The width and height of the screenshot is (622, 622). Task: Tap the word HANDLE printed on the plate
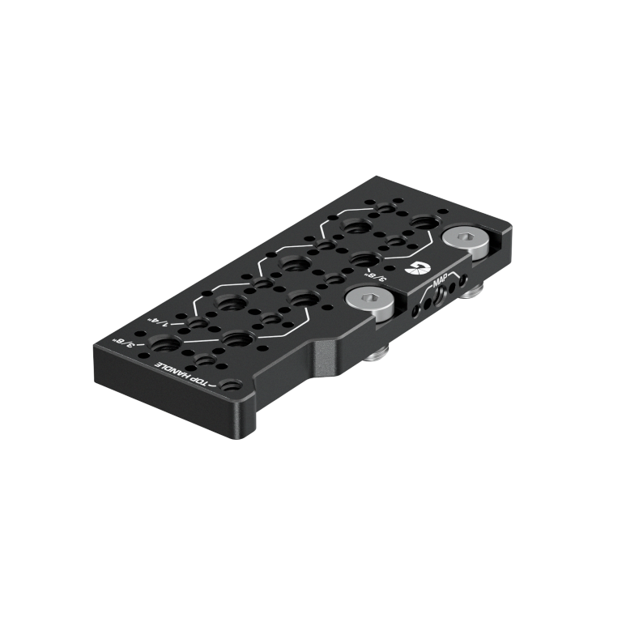pyautogui.click(x=174, y=371)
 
